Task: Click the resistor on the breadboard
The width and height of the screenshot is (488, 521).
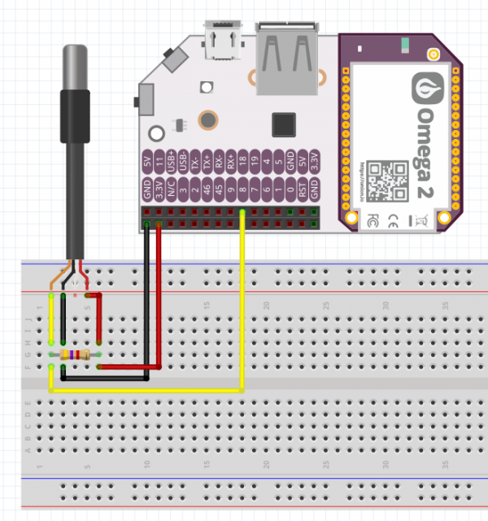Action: [x=76, y=354]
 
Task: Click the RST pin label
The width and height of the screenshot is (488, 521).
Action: [x=302, y=190]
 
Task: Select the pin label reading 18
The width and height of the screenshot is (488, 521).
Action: [x=243, y=162]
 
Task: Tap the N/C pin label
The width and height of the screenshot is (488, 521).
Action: [x=172, y=190]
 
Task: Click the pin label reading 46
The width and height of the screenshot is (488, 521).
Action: [x=207, y=190]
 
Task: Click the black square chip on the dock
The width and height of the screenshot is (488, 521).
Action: [x=284, y=124]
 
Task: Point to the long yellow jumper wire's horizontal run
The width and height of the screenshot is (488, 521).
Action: [x=146, y=391]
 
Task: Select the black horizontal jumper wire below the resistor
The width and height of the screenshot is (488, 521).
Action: [x=106, y=378]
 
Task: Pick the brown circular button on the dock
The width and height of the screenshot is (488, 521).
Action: [x=208, y=121]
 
